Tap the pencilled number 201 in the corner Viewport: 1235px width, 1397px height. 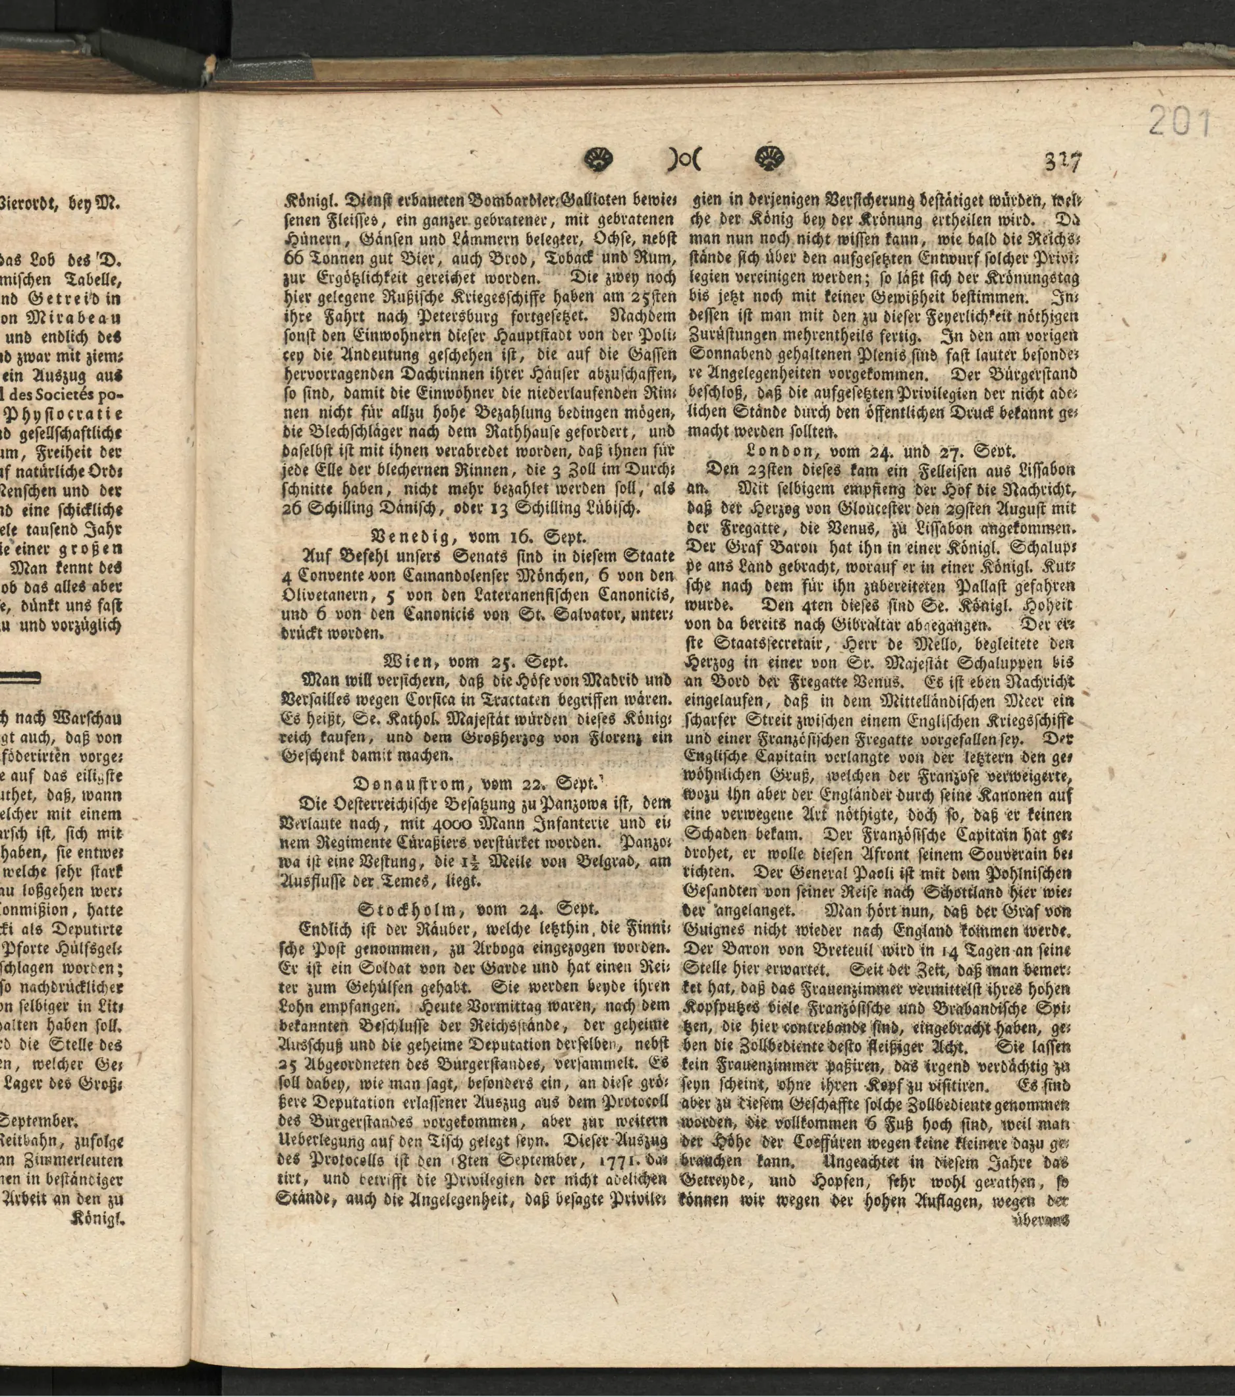(x=1179, y=122)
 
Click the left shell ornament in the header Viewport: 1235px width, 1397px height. (x=600, y=160)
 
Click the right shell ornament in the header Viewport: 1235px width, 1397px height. (x=769, y=160)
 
